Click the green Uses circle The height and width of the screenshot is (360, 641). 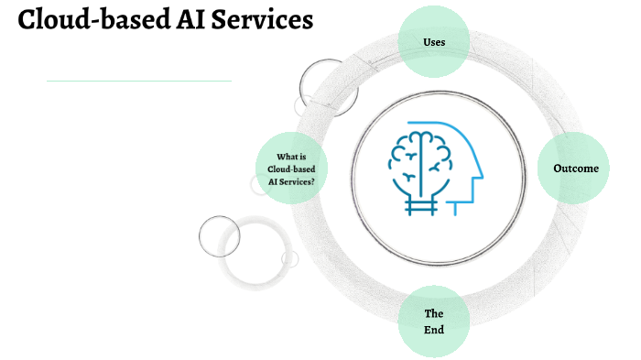434,42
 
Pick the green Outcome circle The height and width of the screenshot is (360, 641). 574,169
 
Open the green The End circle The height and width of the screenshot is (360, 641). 434,321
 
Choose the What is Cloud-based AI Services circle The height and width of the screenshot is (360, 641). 291,169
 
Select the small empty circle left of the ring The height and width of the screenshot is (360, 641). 219,235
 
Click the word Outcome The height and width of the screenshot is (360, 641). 575,169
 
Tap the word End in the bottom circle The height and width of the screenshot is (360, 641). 434,329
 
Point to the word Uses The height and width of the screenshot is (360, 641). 434,43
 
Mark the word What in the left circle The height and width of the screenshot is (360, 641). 287,156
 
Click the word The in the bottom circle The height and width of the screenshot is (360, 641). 434,313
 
